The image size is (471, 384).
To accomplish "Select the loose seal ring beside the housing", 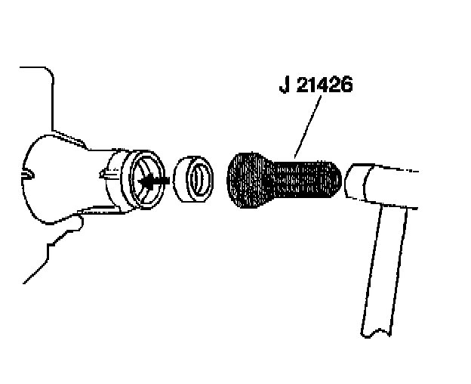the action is pos(192,182).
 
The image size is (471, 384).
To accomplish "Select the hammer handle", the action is pos(385,265).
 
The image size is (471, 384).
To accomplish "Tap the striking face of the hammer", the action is pos(355,181).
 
